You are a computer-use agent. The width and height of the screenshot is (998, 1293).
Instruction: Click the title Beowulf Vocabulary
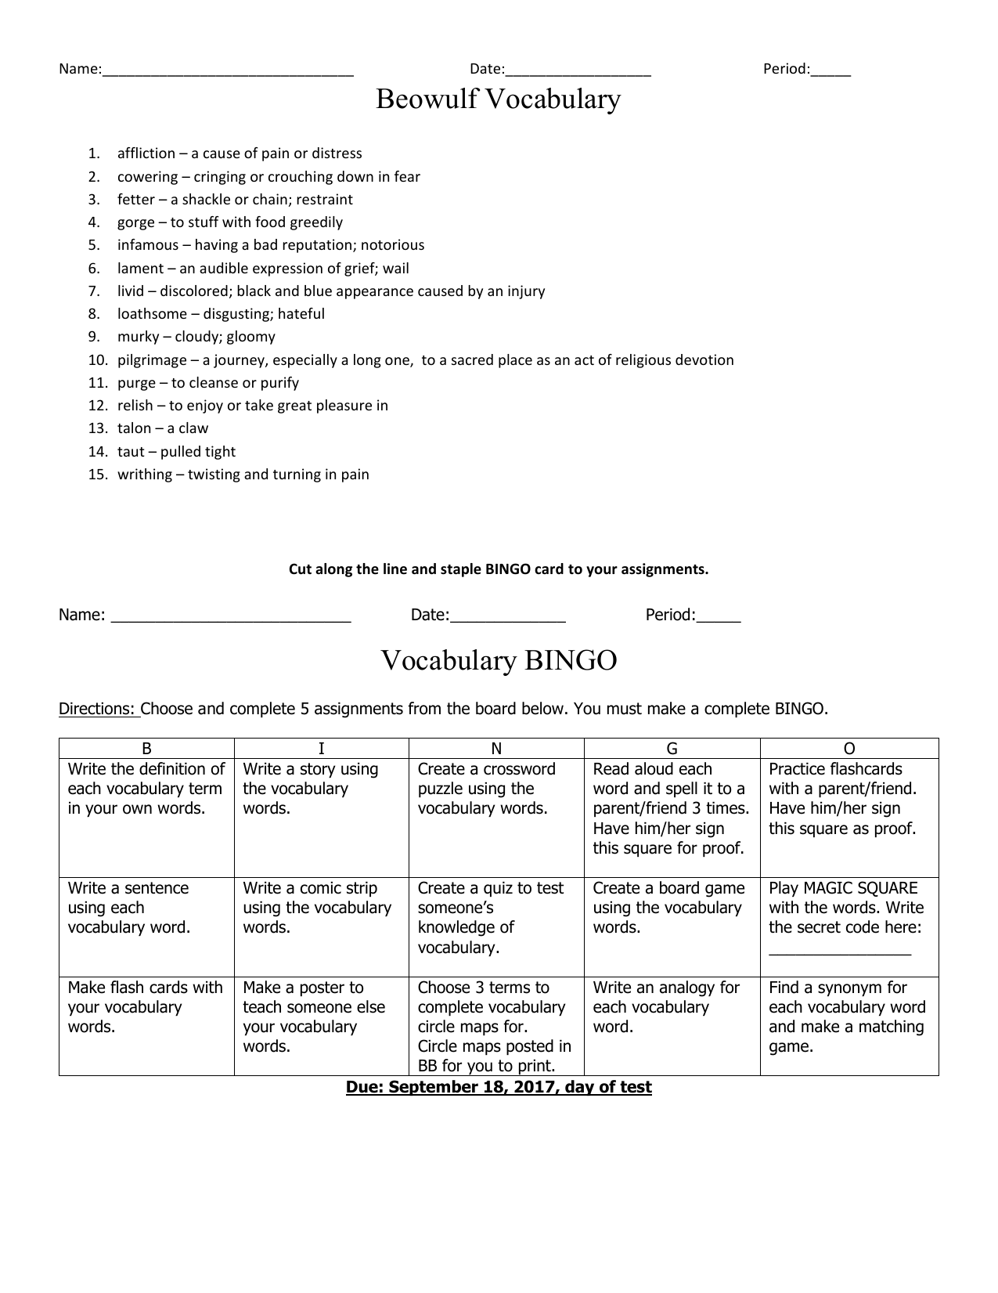pyautogui.click(x=498, y=99)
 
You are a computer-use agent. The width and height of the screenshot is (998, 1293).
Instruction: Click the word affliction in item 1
pyautogui.click(x=146, y=153)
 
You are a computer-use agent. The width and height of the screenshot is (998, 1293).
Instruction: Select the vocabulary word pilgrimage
pyautogui.click(x=152, y=360)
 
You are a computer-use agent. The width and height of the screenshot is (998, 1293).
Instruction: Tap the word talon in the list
pyautogui.click(x=134, y=428)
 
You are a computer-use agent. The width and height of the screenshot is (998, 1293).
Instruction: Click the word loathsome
pyautogui.click(x=152, y=314)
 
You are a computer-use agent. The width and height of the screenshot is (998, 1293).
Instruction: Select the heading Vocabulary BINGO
pyautogui.click(x=499, y=661)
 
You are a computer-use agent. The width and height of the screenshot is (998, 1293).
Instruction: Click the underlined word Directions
pyautogui.click(x=97, y=710)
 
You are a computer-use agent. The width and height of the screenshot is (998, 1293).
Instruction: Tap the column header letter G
pyautogui.click(x=672, y=749)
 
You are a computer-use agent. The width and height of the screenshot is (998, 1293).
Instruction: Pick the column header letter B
pyautogui.click(x=146, y=749)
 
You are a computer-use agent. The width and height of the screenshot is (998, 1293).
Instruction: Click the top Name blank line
pyautogui.click(x=227, y=70)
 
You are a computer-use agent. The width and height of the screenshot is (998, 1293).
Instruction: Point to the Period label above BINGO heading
pyautogui.click(x=670, y=616)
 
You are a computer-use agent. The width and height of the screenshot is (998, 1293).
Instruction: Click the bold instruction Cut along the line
pyautogui.click(x=498, y=569)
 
